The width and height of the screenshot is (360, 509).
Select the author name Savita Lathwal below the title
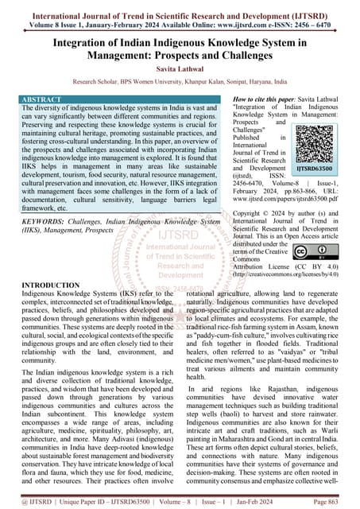pyautogui.click(x=180, y=70)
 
